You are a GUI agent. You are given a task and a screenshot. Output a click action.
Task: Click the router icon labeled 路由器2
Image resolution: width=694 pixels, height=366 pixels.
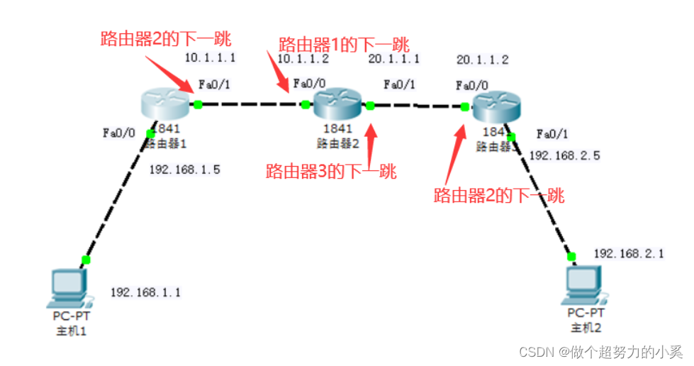tap(337, 104)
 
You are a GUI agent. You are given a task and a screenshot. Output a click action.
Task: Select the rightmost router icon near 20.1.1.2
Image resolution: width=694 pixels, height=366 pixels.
tap(496, 106)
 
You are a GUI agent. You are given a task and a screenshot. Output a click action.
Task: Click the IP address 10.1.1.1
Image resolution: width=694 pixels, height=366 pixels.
tap(210, 58)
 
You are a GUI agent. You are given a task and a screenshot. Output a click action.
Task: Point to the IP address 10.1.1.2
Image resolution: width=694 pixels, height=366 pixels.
tap(303, 58)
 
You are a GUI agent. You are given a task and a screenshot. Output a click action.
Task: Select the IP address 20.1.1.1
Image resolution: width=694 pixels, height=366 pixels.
tap(394, 58)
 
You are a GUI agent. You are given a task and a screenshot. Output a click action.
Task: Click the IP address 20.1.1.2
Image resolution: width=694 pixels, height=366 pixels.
tap(483, 60)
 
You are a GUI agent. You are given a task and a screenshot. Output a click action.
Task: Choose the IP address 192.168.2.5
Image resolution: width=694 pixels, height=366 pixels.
tap(565, 155)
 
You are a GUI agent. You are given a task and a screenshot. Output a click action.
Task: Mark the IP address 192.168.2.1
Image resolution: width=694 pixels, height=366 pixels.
tap(629, 253)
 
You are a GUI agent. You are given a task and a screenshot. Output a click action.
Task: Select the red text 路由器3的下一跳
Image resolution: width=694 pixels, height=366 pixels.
tap(330, 171)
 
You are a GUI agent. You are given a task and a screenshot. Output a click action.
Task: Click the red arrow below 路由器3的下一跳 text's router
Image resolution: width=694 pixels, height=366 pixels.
tap(371, 142)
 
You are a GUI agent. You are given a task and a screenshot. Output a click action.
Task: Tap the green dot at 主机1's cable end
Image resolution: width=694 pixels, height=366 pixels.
tap(86, 260)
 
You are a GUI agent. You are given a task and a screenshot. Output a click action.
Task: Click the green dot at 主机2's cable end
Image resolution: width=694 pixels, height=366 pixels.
tap(571, 255)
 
